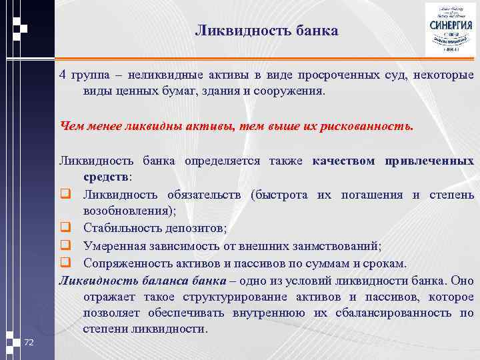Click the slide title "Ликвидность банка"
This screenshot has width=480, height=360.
267,31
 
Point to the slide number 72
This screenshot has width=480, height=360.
29,343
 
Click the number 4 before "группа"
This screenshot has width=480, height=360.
63,74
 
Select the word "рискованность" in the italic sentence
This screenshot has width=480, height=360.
368,125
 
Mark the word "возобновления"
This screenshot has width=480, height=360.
127,211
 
